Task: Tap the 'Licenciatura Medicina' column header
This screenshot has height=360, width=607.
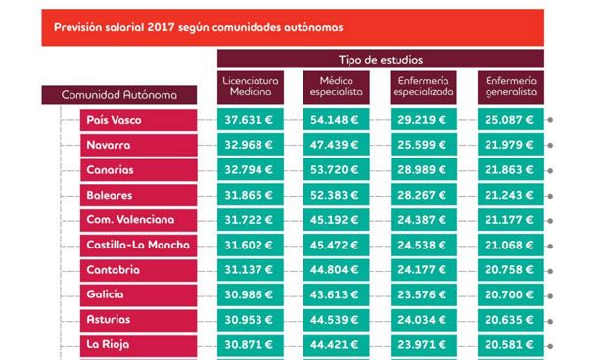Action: point(251,86)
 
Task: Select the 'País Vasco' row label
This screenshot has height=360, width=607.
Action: point(139,120)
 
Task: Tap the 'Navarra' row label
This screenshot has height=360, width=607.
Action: point(139,146)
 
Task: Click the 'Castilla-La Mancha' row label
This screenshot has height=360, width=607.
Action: point(139,245)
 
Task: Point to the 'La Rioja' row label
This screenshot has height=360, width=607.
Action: point(139,344)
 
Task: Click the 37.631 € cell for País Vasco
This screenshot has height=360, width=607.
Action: point(251,120)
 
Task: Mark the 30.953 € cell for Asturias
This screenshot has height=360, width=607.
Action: point(251,319)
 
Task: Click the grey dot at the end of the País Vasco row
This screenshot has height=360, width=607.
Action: point(552,121)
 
